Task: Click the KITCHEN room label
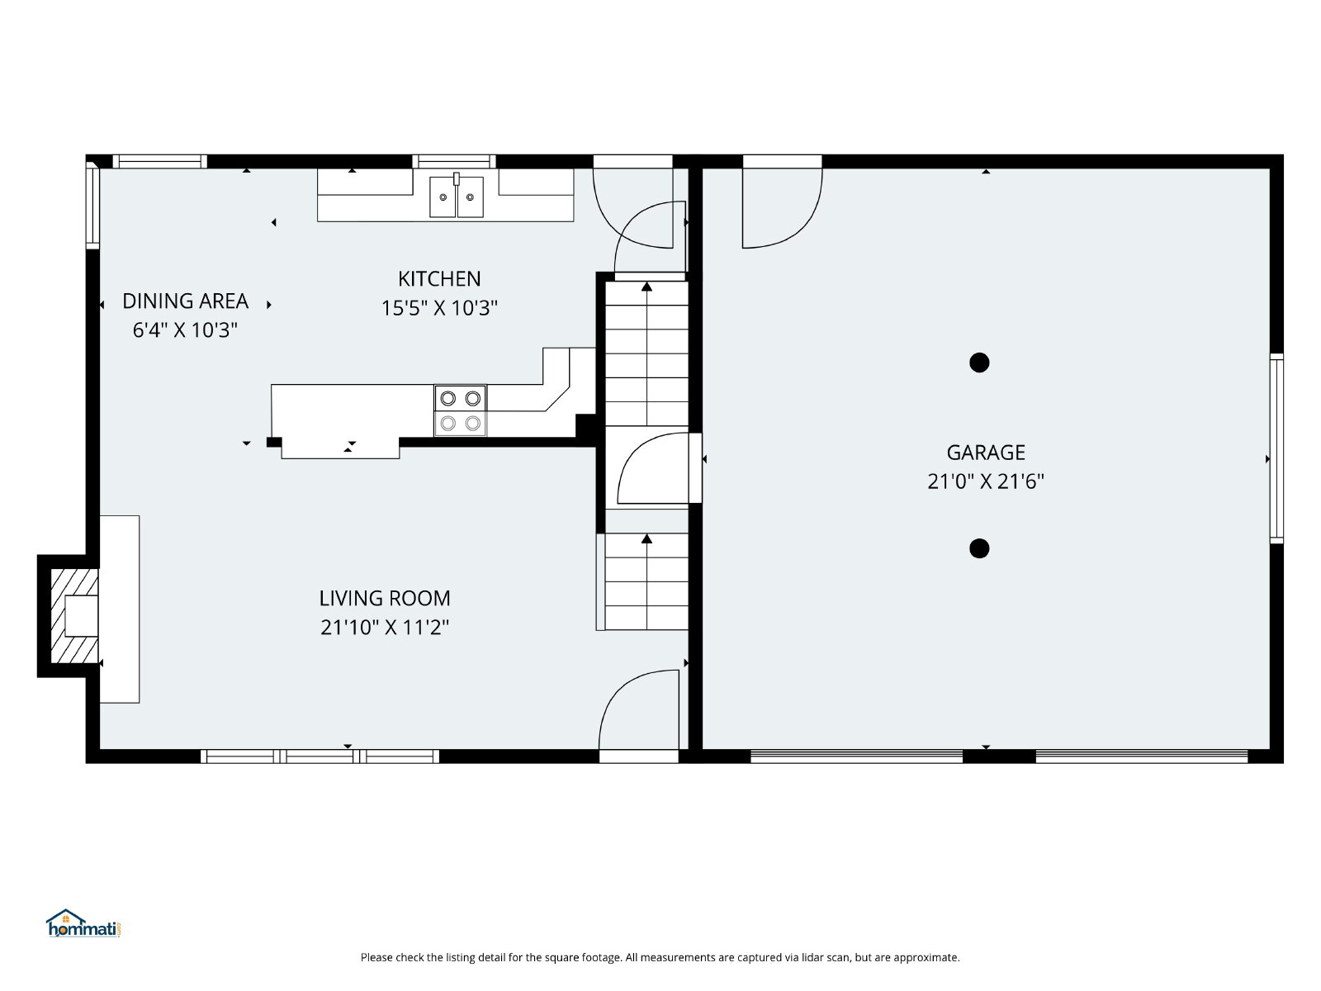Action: coord(438,278)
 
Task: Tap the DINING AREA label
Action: coord(186,301)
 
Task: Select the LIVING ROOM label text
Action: coord(385,598)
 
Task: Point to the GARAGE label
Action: coord(985,452)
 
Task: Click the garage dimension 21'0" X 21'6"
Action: coord(985,481)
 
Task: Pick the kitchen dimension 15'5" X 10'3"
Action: coord(439,308)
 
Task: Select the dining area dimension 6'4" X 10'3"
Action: coord(186,330)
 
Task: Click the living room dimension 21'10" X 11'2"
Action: coord(385,628)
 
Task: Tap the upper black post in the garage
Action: coord(979,363)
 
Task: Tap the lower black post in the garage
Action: coord(979,548)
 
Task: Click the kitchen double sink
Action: coord(457,197)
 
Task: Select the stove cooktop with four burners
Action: coord(461,410)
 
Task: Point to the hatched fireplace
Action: coord(74,615)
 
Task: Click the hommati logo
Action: coord(83,923)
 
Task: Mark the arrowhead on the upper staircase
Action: coord(646,287)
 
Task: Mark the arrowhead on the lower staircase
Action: coord(646,538)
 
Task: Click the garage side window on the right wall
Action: coord(1276,448)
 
